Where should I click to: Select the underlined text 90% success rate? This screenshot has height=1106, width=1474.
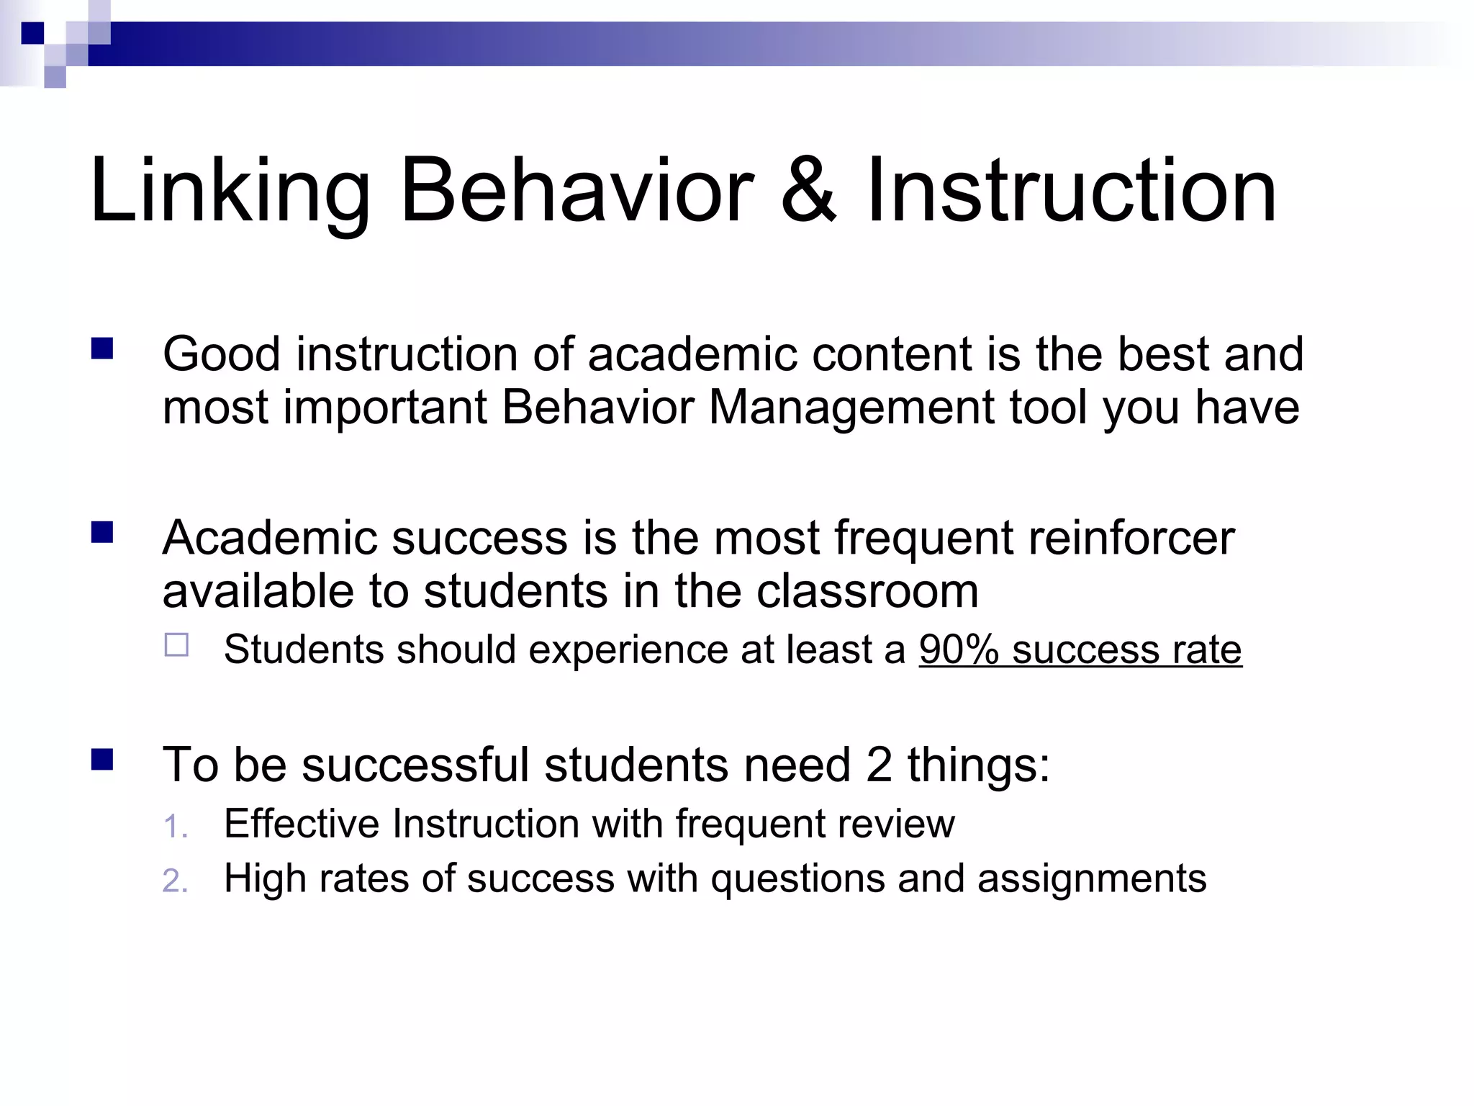pos(1080,649)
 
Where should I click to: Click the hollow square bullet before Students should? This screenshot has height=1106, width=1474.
pos(176,644)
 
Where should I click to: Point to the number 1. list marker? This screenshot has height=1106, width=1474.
pos(175,827)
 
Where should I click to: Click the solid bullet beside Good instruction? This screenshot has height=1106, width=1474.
pos(102,349)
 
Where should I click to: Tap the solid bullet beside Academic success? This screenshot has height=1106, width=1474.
pos(102,533)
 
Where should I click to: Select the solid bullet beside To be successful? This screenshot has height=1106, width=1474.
pos(102,760)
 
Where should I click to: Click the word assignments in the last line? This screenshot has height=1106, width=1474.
pos(1091,879)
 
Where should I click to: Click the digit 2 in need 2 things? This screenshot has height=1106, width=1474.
pos(879,765)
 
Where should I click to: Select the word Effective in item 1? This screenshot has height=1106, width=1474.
pos(301,824)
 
